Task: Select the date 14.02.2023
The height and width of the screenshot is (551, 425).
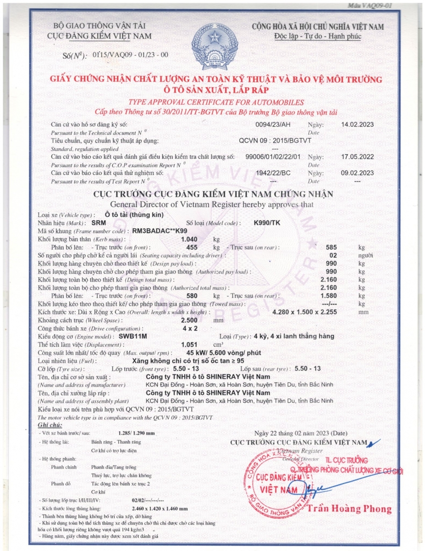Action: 357,124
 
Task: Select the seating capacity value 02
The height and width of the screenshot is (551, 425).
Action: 333,255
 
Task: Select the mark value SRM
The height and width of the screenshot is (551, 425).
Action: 99,223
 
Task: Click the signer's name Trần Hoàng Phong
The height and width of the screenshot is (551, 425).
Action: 350,508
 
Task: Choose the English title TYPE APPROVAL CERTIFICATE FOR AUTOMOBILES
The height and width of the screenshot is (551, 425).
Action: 216,102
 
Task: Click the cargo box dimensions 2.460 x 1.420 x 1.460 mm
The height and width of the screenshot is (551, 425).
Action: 160,509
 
